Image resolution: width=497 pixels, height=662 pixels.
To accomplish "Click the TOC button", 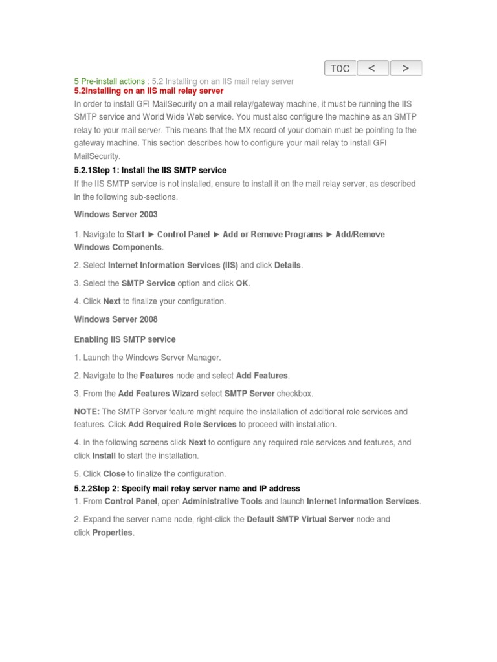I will pos(340,68).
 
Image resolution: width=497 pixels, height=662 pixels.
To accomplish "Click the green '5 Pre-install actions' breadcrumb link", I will pos(109,81).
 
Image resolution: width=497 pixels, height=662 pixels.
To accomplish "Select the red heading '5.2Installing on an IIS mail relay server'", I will pos(149,91).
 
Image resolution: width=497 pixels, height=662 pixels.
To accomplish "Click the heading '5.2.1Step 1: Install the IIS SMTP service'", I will pos(150,171).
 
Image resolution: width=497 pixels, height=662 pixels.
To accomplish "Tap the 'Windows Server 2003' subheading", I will pos(116,215).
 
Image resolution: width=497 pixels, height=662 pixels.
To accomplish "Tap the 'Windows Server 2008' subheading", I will pos(116,319).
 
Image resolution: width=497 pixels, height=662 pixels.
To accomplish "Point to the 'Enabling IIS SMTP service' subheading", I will pos(125,339).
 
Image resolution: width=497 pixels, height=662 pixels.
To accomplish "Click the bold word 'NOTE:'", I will pos(87,412).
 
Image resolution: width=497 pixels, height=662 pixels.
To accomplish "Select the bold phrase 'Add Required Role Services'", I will pos(182,425).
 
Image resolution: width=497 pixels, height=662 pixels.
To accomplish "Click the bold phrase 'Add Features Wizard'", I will pos(159,394).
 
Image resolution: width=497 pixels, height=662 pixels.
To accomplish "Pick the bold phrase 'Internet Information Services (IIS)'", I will pos(173,266).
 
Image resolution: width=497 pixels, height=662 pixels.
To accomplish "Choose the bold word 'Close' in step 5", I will pos(114,474).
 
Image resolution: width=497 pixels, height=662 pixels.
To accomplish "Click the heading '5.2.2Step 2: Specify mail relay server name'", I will pos(187,489).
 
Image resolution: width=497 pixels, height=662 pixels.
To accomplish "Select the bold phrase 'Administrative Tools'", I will pos(222,502).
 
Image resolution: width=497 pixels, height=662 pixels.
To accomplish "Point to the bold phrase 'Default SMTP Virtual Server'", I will pos(300,520).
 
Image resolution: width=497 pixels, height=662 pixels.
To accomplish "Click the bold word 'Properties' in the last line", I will pos(112,533).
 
